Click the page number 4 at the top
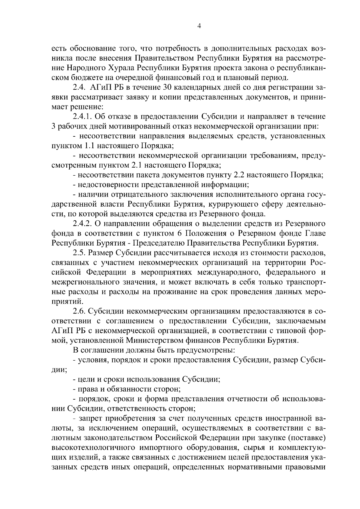[199, 26]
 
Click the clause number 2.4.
[79, 88]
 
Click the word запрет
[88, 418]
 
